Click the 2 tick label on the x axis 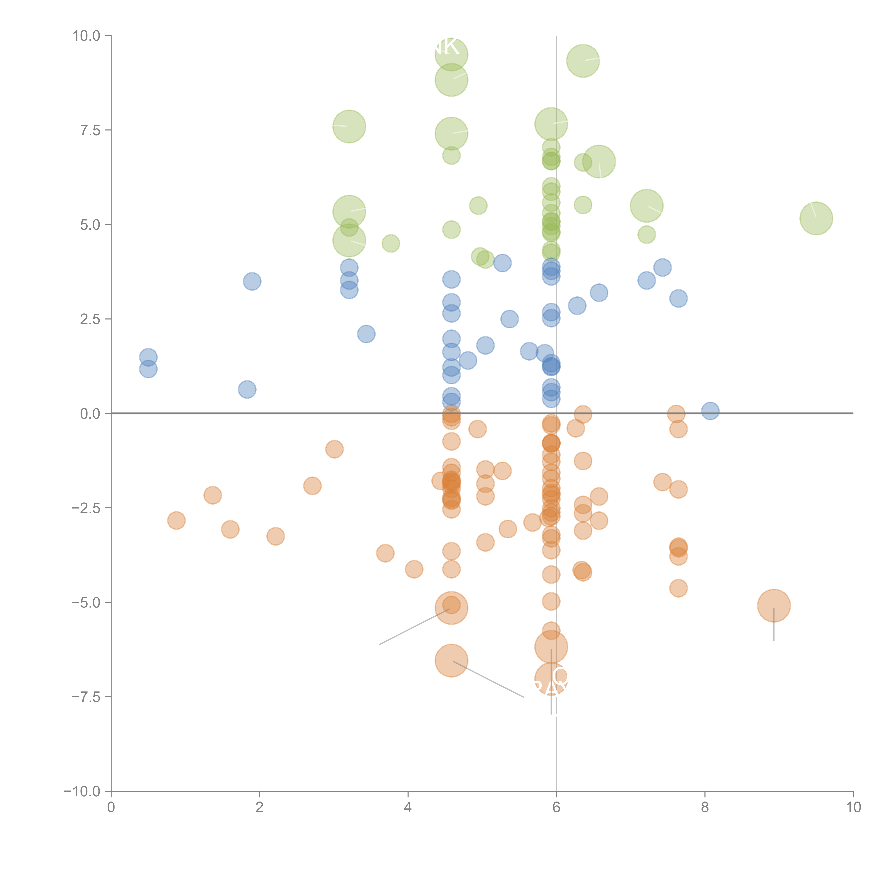coord(260,808)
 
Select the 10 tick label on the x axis coord(853,808)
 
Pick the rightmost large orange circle coord(773,606)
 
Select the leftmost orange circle coord(176,520)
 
